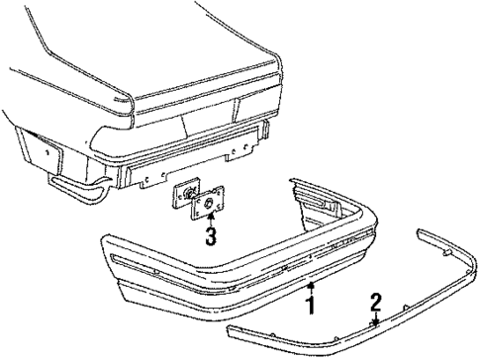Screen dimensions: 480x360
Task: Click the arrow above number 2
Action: [376, 318]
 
